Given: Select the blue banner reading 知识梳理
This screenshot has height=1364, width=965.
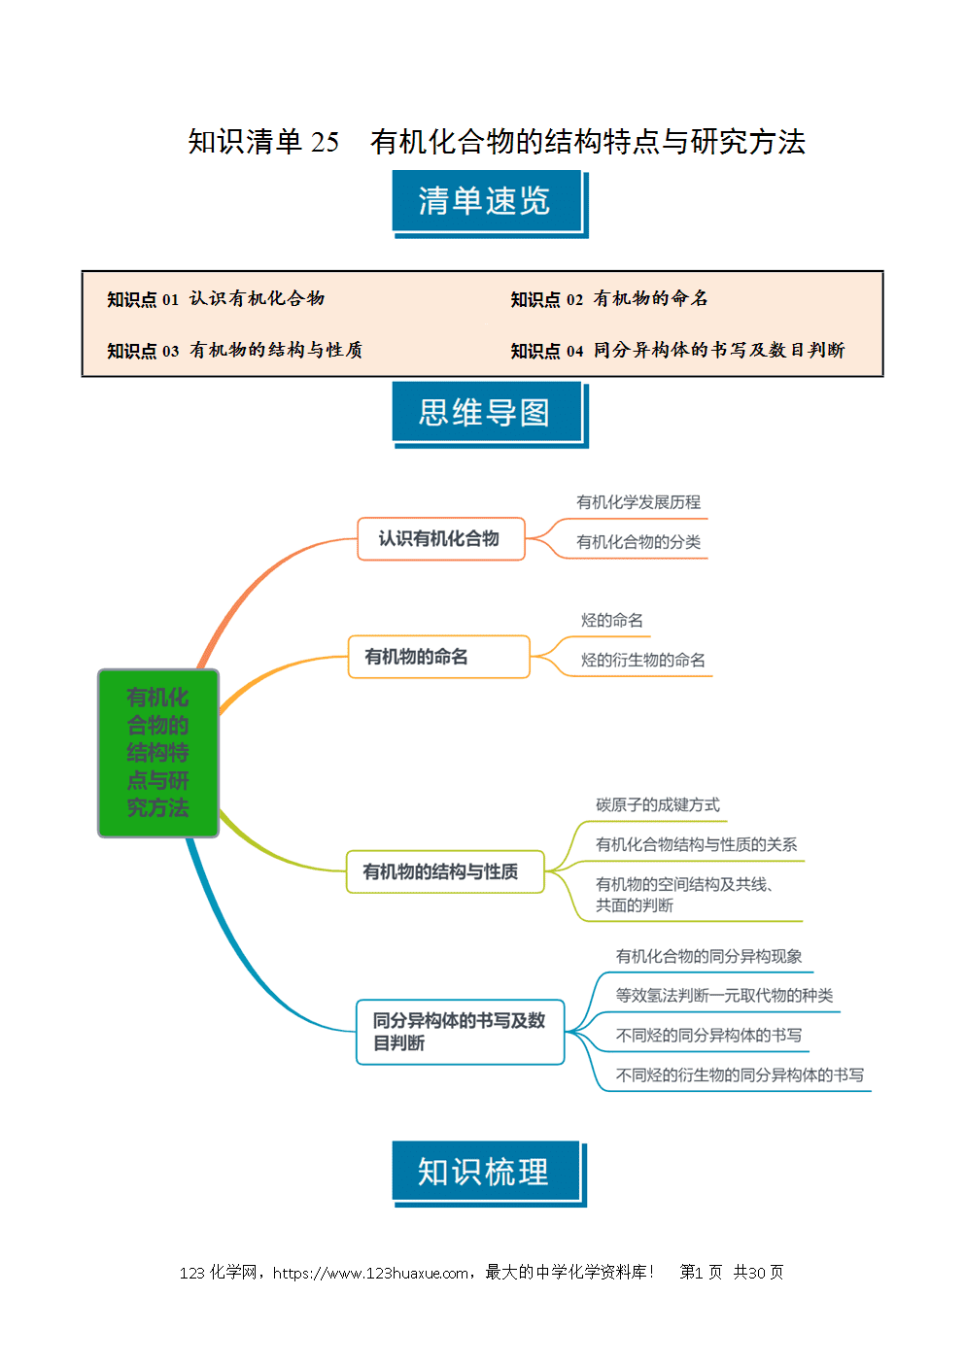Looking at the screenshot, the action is click(x=489, y=1174).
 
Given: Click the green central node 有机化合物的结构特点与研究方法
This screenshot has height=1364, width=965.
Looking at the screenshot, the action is click(x=158, y=753).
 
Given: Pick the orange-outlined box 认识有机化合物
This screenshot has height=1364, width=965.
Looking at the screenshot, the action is click(x=441, y=538).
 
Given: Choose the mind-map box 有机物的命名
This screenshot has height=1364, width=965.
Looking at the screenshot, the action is click(x=438, y=657).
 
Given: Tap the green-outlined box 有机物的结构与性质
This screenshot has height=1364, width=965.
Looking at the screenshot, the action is click(x=445, y=872).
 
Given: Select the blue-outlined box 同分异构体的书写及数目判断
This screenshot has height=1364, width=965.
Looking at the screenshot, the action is click(x=460, y=1032).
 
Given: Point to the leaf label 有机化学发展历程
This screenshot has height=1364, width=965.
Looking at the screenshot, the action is click(x=638, y=502).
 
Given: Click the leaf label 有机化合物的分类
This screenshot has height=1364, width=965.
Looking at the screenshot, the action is click(x=638, y=542).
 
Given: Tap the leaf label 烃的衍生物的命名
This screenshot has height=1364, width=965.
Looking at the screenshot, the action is click(x=642, y=660).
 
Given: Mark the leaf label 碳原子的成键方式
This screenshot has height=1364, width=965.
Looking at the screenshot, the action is click(x=658, y=805).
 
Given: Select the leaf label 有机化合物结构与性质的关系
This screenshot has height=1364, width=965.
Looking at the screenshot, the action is click(x=697, y=844).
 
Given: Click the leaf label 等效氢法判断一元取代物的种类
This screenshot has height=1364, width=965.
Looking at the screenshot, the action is click(x=724, y=996).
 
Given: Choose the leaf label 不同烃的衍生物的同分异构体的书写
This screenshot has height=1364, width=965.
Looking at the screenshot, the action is click(x=740, y=1074).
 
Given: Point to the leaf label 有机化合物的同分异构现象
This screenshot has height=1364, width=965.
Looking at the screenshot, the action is click(x=708, y=956).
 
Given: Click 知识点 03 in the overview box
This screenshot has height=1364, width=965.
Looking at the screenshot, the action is click(x=143, y=351).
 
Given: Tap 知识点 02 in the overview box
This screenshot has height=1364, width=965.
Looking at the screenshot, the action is click(x=546, y=299).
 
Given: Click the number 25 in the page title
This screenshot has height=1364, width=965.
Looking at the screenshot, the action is click(x=325, y=143).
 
